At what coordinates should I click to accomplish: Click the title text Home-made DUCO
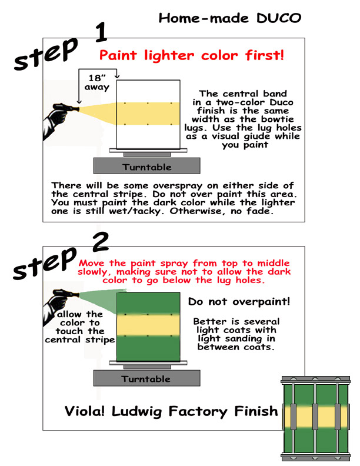click(x=229, y=18)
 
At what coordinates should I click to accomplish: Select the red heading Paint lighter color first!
click(x=192, y=56)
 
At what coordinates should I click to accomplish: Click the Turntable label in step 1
click(x=146, y=167)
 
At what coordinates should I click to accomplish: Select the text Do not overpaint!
click(x=239, y=302)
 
